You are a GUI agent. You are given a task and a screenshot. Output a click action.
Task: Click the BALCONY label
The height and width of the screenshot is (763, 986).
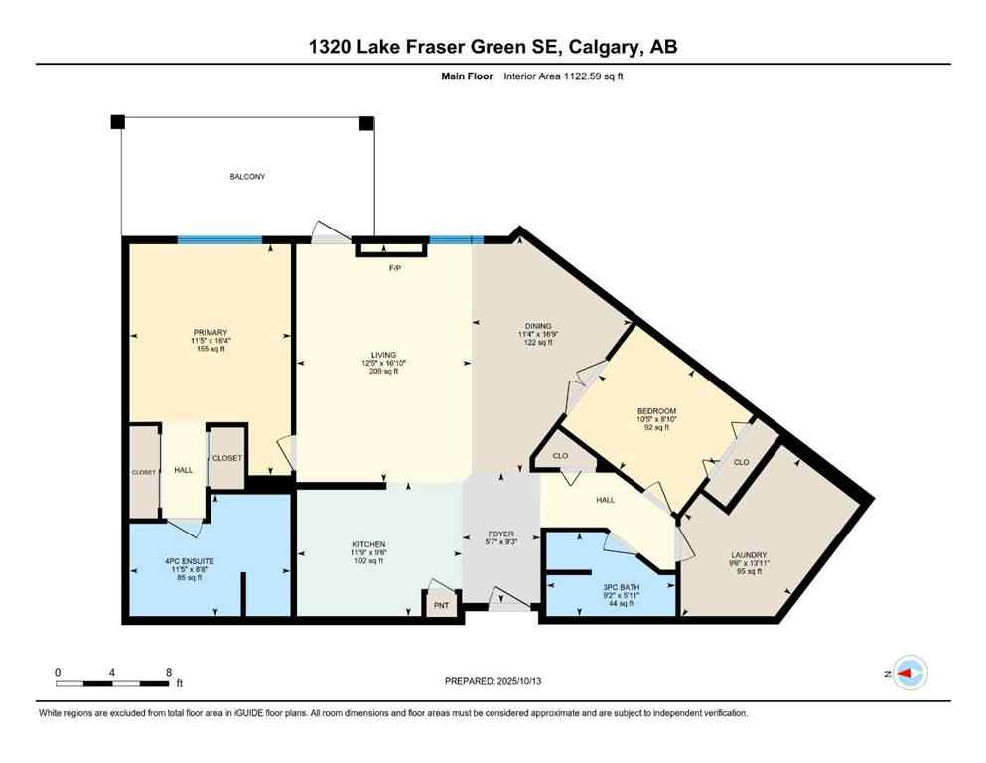click(x=247, y=177)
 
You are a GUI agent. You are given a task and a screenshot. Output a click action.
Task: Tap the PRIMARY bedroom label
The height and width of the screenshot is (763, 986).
click(x=211, y=332)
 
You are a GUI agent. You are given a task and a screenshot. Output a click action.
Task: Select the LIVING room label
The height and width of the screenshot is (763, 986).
click(x=383, y=355)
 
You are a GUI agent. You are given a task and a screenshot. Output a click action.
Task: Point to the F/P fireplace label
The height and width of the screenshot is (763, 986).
click(x=393, y=267)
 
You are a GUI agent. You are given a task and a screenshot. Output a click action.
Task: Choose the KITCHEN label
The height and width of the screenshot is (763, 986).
click(x=368, y=545)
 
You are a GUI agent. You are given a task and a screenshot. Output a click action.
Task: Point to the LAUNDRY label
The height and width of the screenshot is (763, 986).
click(x=749, y=555)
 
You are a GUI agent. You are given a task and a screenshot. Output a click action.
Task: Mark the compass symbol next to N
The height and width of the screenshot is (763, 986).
click(x=910, y=674)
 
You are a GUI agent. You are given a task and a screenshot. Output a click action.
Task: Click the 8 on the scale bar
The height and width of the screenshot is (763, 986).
click(x=168, y=672)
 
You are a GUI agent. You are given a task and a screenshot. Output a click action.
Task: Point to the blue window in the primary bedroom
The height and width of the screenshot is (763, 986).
click(x=219, y=239)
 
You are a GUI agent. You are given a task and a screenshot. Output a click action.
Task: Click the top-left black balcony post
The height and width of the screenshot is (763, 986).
click(x=118, y=121)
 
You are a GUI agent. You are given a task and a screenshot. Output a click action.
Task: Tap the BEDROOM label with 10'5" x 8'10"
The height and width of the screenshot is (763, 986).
click(x=656, y=411)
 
